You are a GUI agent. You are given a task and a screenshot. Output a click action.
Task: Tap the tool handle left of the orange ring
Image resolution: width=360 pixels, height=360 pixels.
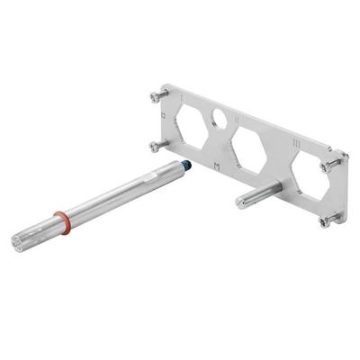click(40, 231)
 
